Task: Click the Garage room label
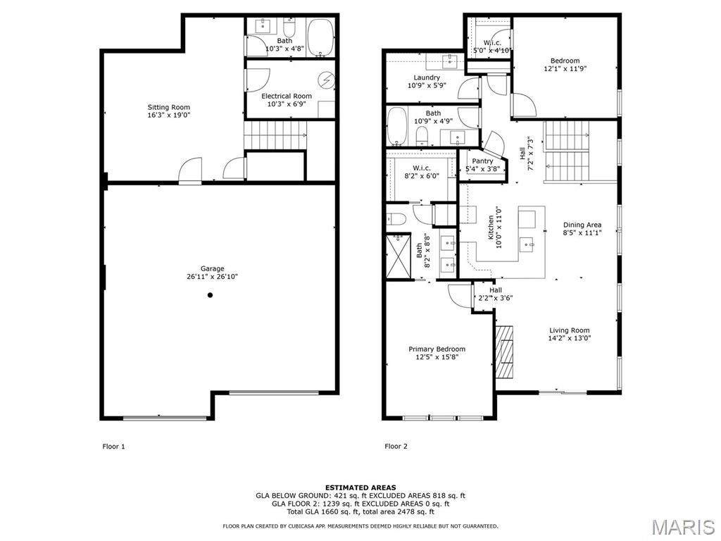(212, 268)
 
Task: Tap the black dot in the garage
(210, 295)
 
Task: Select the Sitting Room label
(169, 107)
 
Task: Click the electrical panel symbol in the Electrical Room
(327, 80)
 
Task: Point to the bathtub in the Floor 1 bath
(320, 37)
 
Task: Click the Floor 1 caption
(113, 446)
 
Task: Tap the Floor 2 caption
(396, 446)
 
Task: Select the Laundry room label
(427, 77)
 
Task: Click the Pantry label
(482, 161)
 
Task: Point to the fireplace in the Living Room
(504, 352)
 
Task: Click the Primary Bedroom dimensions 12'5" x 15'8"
(437, 357)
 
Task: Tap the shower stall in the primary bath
(399, 256)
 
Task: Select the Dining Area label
(582, 225)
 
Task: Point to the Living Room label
(569, 330)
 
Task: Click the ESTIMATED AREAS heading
(360, 487)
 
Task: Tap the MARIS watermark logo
(683, 527)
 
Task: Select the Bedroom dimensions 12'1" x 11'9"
(565, 68)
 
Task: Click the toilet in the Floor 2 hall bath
(422, 135)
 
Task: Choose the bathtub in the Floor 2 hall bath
(397, 126)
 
